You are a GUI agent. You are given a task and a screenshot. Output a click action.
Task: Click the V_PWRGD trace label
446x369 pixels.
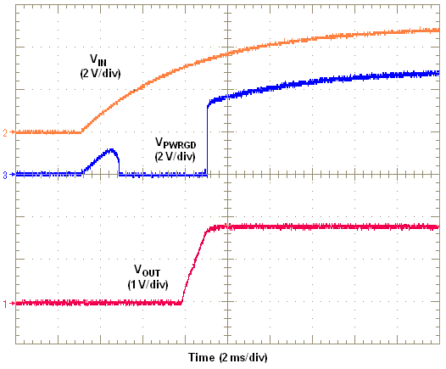click(x=175, y=143)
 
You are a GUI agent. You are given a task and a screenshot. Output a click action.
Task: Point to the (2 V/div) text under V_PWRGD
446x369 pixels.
click(x=175, y=156)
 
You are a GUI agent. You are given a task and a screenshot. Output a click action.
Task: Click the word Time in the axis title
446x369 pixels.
click(x=202, y=356)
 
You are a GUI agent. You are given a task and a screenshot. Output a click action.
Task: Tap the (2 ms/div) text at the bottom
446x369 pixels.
click(x=242, y=356)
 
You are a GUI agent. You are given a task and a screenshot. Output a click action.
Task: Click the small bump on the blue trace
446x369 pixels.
click(x=109, y=152)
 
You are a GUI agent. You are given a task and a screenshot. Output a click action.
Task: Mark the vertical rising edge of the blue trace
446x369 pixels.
click(x=208, y=136)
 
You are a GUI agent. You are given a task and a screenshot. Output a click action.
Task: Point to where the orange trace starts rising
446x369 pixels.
click(x=81, y=131)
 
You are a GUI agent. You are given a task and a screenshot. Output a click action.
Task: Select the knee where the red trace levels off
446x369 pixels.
click(x=210, y=227)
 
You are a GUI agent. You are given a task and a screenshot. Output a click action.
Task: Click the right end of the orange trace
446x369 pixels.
click(x=438, y=31)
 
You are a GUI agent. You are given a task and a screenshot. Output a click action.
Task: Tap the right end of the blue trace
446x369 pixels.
click(x=438, y=74)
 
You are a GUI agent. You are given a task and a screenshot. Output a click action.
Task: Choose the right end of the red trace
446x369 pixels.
click(x=438, y=227)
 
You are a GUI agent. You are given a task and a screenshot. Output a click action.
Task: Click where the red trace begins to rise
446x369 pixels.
click(x=183, y=301)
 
